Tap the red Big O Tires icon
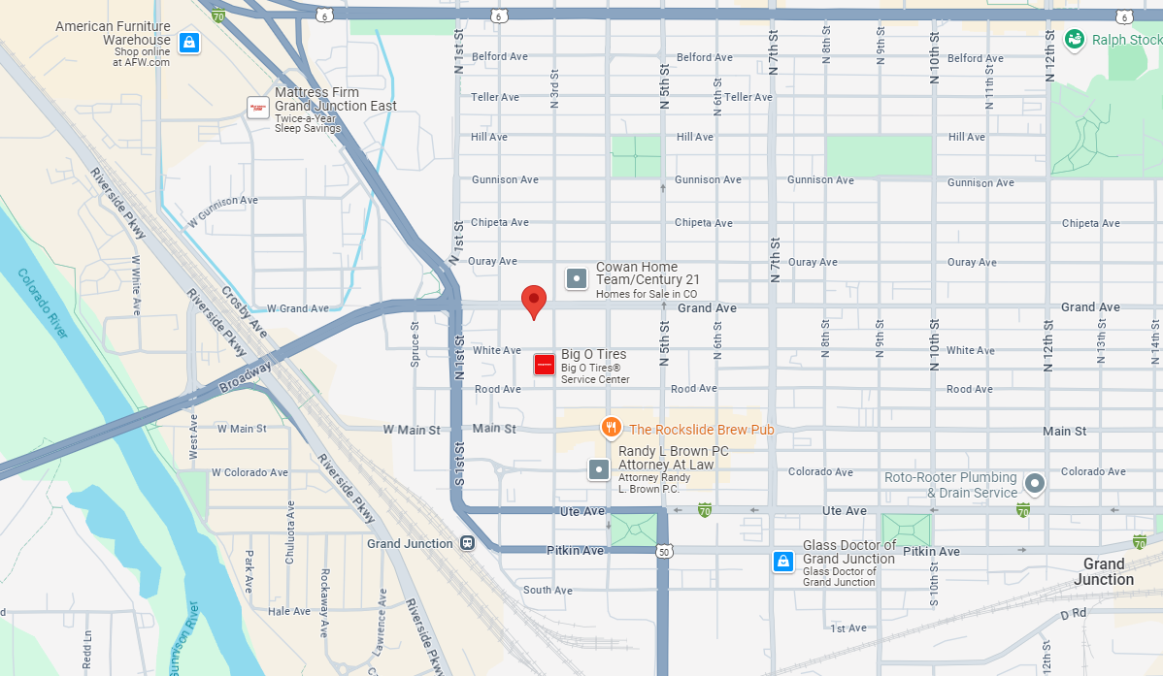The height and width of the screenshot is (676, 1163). point(545,366)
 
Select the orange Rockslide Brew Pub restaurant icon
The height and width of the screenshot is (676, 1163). point(611,427)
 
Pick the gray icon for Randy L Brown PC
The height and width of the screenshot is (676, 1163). point(600,470)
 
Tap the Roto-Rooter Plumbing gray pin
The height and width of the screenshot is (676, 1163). point(1035,483)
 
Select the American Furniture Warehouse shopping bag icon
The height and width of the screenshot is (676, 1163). point(190,43)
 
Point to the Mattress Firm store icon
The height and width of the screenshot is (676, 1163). point(258,107)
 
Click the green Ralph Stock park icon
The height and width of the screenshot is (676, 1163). point(1075,40)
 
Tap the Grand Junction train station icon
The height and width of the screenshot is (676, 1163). point(467,544)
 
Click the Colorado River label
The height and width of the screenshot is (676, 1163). point(44,304)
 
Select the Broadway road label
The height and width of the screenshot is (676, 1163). point(246,372)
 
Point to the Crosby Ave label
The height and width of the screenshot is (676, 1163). point(245,311)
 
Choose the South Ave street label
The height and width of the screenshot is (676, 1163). point(548,590)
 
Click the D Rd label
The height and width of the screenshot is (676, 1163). point(1072,614)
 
